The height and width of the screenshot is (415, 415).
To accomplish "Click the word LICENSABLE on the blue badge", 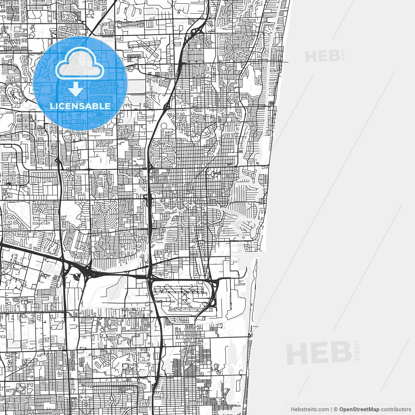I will click(80, 106).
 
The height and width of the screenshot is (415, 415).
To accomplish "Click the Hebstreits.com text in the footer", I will click(310, 409).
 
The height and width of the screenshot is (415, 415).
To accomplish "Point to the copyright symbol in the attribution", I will click(336, 409).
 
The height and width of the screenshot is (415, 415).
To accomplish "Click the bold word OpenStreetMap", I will click(359, 409).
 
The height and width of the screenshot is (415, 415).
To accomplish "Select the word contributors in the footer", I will click(396, 409).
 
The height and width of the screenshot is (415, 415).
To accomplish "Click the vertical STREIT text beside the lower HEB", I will click(358, 350).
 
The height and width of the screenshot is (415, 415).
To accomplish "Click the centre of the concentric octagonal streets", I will click(105, 214).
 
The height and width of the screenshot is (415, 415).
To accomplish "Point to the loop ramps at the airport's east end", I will click(214, 292).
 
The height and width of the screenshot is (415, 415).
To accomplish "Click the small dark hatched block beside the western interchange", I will click(77, 276).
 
